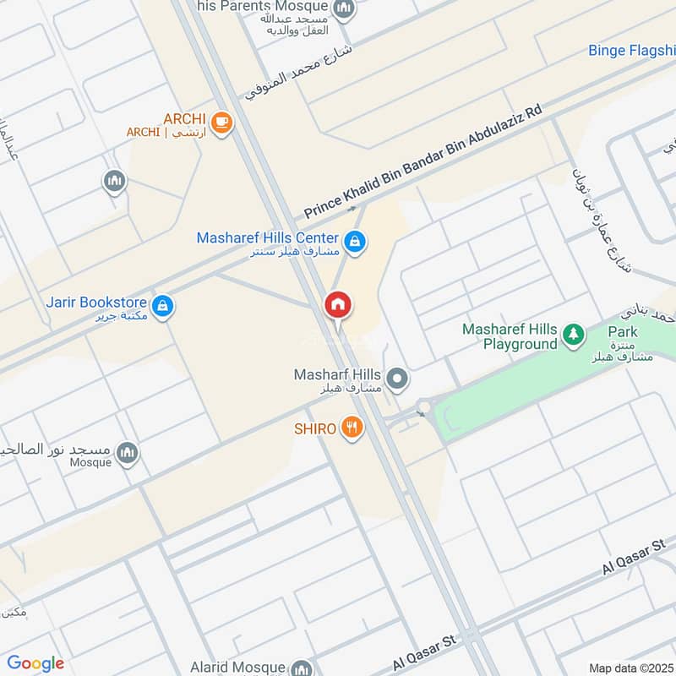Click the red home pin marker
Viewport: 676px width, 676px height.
[339, 306]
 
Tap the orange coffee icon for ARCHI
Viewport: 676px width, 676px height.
[221, 123]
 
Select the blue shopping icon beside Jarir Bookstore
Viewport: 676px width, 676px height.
[164, 306]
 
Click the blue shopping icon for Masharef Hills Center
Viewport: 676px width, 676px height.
[356, 242]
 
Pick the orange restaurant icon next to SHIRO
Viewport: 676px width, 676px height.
[352, 429]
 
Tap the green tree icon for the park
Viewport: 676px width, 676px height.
[575, 335]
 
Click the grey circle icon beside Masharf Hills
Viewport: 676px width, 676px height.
[398, 379]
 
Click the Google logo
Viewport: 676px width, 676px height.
[35, 663]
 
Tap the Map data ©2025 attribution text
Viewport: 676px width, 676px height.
[630, 668]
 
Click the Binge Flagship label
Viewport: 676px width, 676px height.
[631, 51]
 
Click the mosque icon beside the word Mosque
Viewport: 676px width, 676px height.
[127, 453]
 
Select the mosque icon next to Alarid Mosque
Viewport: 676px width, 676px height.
[300, 668]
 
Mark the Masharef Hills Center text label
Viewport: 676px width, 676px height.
[268, 238]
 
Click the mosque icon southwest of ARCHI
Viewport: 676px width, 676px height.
[114, 182]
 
